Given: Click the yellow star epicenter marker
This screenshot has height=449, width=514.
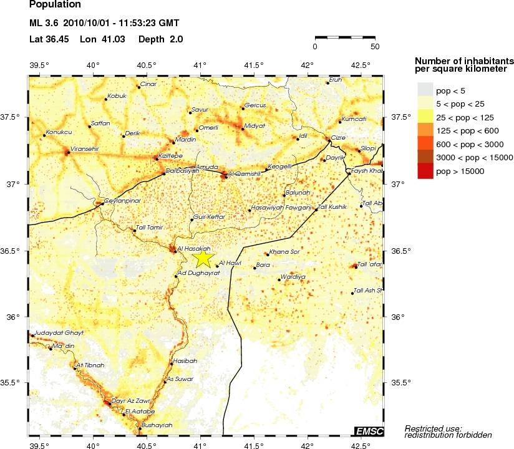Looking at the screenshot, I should click(x=203, y=258).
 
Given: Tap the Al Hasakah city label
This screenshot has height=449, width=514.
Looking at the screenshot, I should click(x=194, y=248).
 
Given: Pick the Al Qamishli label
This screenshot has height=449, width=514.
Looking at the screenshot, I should click(x=243, y=173).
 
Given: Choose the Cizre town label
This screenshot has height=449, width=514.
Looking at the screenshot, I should click(x=337, y=138).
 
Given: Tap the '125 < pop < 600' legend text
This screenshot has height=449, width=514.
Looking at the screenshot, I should click(x=470, y=130).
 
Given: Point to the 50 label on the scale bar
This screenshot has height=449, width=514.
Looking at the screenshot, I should click(x=375, y=46).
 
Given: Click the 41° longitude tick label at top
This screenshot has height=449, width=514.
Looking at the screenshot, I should click(x=200, y=65).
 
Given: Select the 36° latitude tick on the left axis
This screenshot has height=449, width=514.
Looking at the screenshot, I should click(x=12, y=317).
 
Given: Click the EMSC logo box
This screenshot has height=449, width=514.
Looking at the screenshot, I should click(x=369, y=431).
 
